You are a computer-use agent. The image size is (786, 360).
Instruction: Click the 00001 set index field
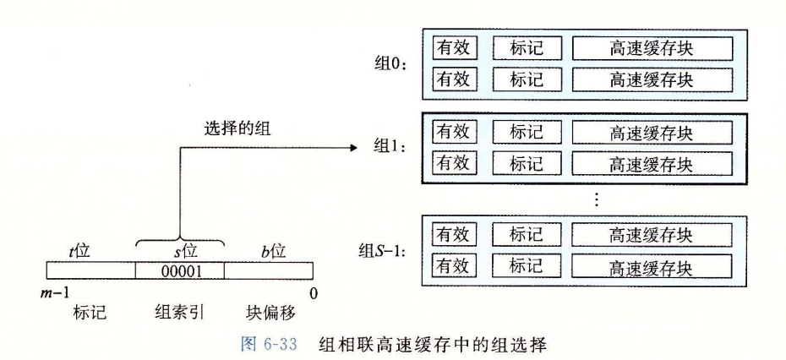(179, 270)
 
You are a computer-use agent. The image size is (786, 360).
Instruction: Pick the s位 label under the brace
(179, 251)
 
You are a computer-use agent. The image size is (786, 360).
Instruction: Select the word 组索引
(179, 313)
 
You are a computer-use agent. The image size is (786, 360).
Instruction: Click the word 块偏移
(272, 313)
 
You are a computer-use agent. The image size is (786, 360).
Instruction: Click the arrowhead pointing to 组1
(353, 146)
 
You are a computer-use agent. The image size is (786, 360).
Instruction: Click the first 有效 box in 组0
(454, 48)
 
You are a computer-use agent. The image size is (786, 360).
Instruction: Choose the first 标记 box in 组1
(526, 133)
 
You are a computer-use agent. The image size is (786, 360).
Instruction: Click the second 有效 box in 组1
(454, 163)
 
